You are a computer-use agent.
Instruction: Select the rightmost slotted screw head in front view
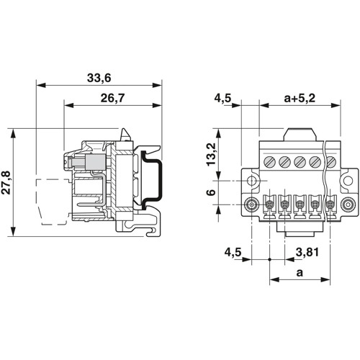coord(331,161)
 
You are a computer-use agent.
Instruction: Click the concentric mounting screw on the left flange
coord(251,205)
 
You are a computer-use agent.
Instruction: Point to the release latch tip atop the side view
coord(125,133)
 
